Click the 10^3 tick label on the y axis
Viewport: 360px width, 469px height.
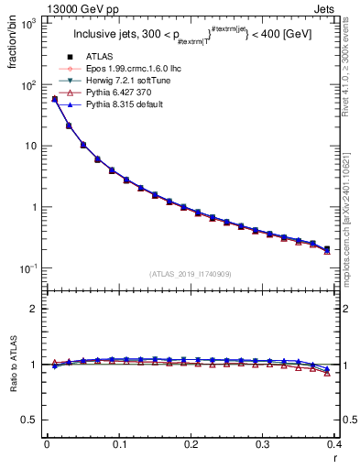point(28,24)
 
